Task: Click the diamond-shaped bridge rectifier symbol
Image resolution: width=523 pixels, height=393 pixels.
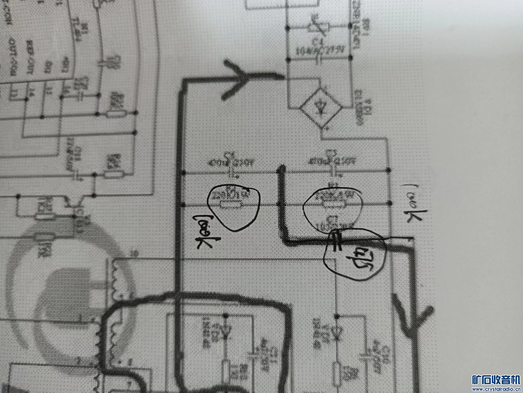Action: pos(321,107)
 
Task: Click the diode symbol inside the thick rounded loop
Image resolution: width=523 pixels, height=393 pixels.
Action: pos(225,332)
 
